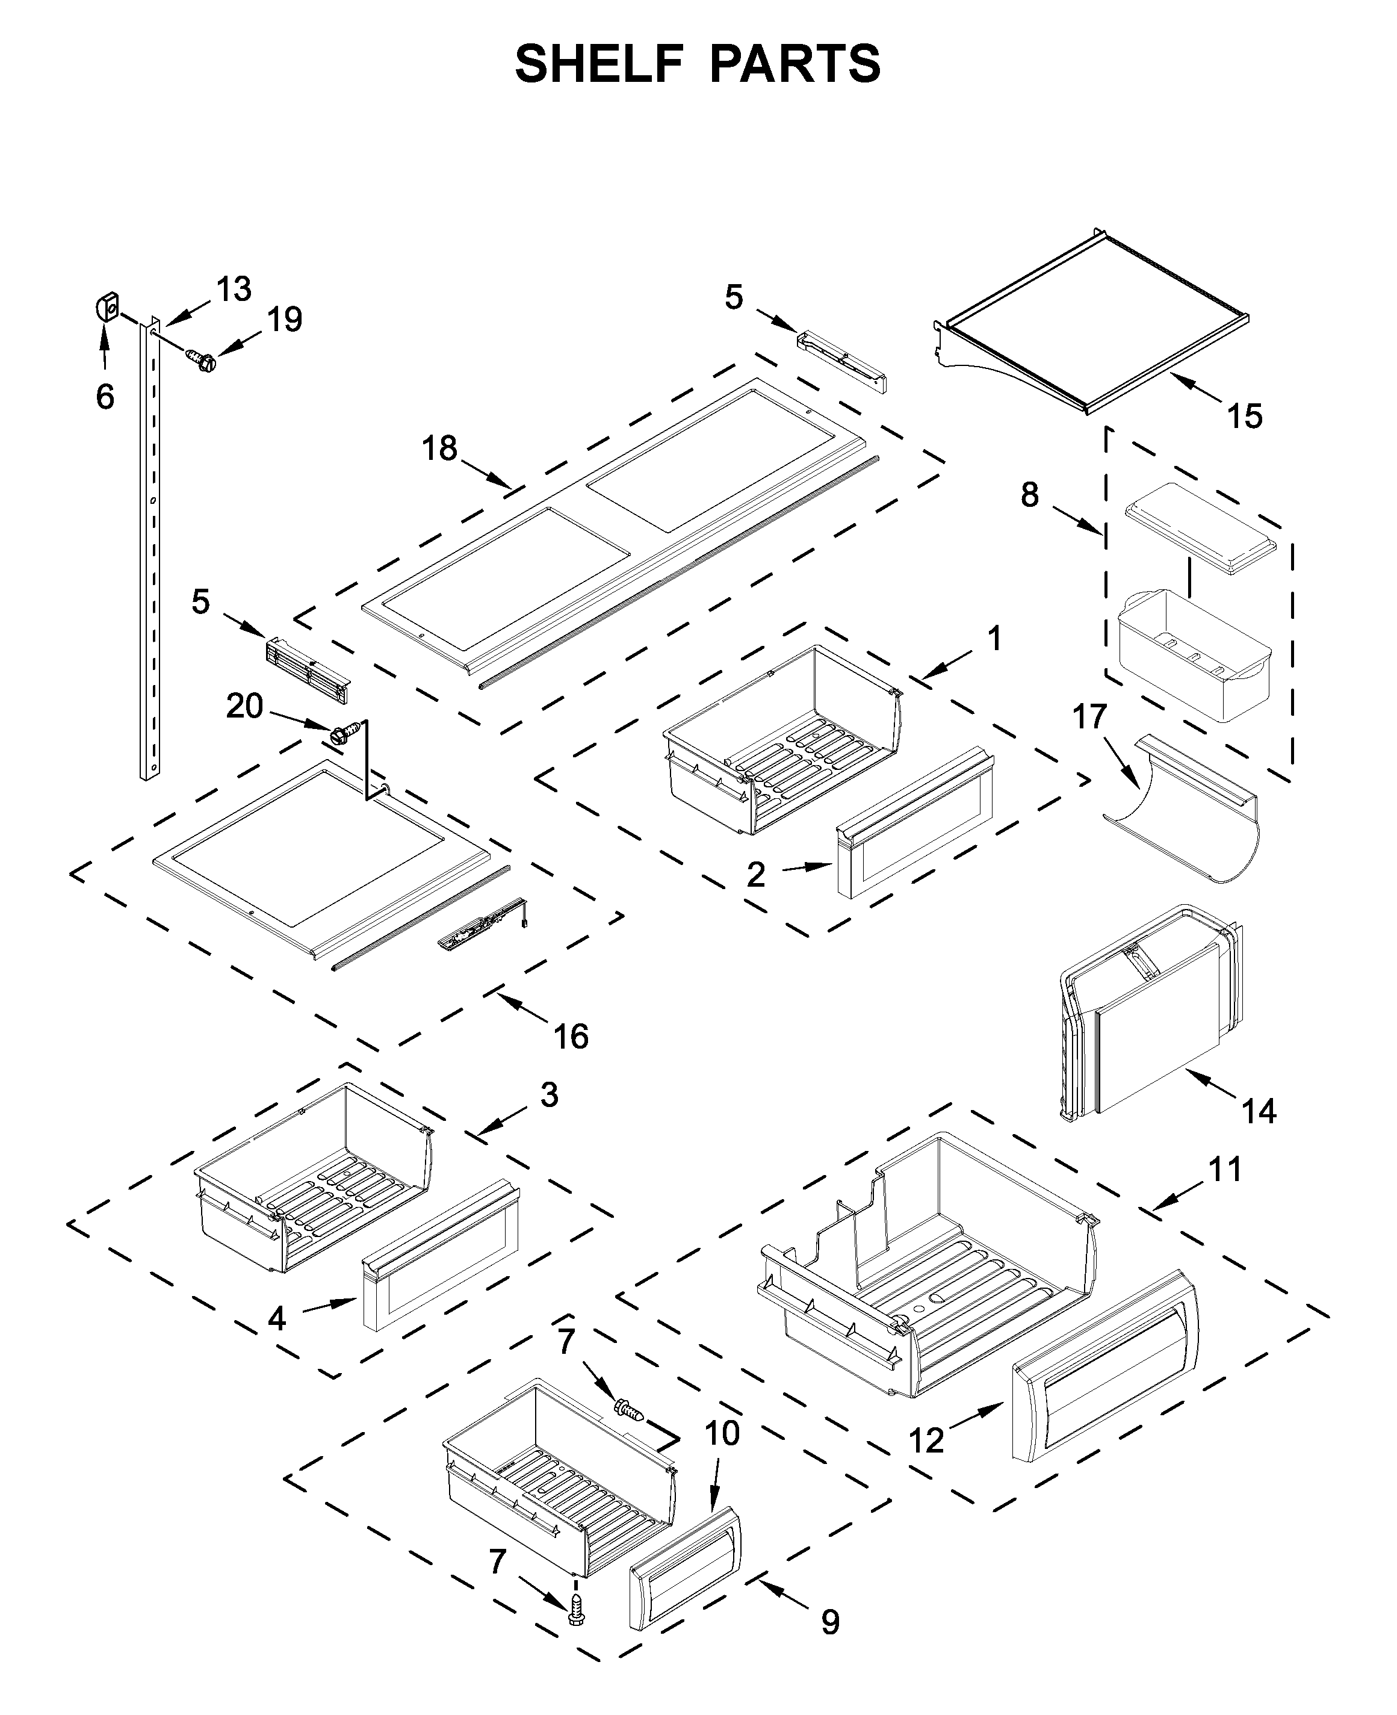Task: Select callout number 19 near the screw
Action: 285,320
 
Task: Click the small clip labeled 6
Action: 108,306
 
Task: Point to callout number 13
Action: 234,289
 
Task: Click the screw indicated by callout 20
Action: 341,733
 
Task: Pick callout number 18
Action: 439,448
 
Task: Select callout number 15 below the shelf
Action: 1244,416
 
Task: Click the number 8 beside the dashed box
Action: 1030,494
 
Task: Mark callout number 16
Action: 571,1036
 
